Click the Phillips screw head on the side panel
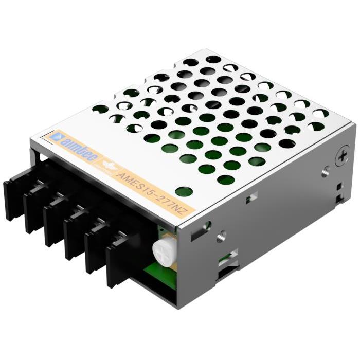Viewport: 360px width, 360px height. [341, 156]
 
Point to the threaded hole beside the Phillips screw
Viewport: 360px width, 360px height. [325, 171]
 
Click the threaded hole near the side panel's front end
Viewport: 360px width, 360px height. [221, 236]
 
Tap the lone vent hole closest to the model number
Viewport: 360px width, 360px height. [184, 191]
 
